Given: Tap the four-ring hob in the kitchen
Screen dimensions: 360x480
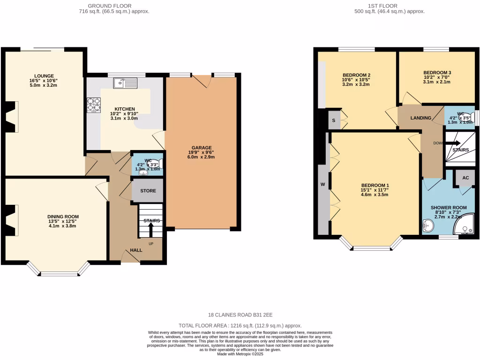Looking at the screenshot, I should click(94, 105).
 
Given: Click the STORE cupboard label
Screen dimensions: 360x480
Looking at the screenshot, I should click(148, 191).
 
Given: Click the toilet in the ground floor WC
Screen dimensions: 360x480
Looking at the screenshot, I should click(157, 163).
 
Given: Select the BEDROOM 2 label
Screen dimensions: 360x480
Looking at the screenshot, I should click(356, 75).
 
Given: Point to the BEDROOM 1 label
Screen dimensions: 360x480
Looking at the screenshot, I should click(375, 185).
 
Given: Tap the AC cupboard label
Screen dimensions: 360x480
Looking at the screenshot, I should click(465, 178).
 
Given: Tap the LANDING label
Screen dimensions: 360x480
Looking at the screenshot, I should click(420, 118).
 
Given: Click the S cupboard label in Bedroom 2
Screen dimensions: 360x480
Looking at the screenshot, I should click(333, 120).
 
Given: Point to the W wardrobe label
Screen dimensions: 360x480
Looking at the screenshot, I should click(322, 185).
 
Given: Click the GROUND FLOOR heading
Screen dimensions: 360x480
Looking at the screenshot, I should click(114, 6).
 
